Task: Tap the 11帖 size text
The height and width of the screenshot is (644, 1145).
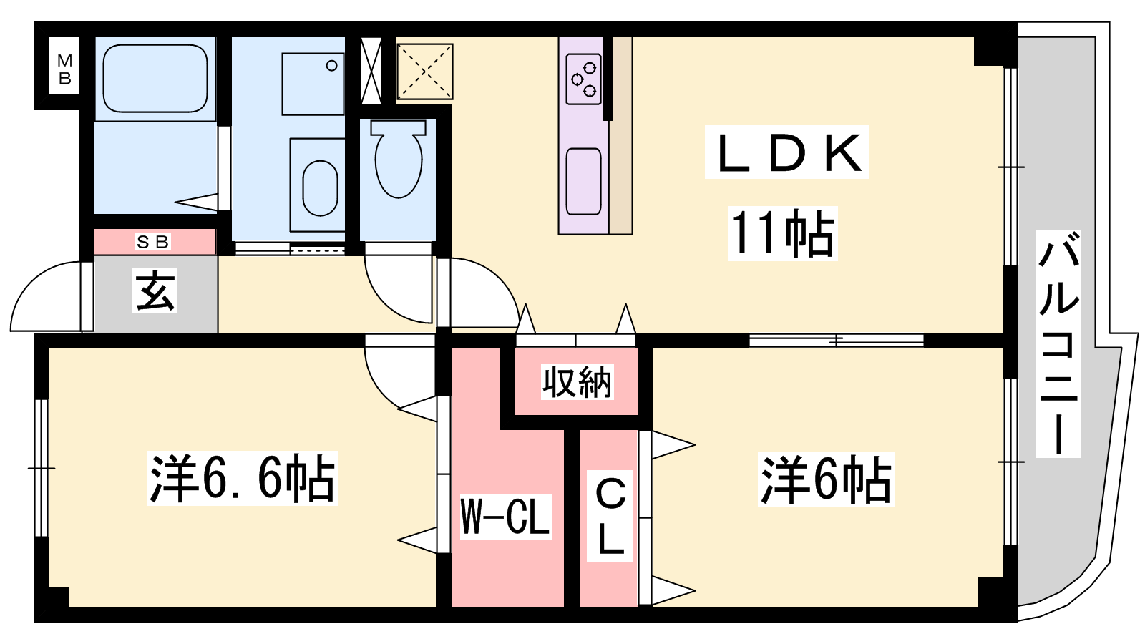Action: click(783, 233)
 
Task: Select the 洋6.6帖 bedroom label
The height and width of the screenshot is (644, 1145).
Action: click(243, 479)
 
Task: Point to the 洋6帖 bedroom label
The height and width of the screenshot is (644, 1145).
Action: click(826, 480)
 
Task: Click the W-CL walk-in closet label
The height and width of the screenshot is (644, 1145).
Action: click(505, 517)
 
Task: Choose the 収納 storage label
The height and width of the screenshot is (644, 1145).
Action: click(577, 382)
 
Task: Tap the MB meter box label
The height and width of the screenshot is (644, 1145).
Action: click(65, 69)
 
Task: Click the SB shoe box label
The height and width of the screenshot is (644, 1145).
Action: click(152, 242)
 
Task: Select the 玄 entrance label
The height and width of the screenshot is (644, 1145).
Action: click(155, 291)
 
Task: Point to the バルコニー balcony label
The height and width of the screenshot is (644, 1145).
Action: click(1058, 343)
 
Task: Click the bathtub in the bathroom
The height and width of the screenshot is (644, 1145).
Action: click(155, 78)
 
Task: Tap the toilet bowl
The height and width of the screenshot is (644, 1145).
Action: click(398, 158)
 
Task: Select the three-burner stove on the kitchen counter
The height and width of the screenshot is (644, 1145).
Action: click(584, 79)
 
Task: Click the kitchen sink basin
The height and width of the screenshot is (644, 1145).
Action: click(584, 182)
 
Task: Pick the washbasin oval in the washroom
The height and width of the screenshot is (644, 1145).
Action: click(320, 187)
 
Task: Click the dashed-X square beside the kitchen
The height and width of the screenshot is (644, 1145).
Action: click(425, 71)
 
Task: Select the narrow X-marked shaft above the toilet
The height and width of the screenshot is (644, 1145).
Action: click(371, 71)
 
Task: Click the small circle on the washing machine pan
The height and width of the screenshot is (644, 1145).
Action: click(332, 65)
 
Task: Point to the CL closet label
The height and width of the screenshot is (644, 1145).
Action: click(610, 517)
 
